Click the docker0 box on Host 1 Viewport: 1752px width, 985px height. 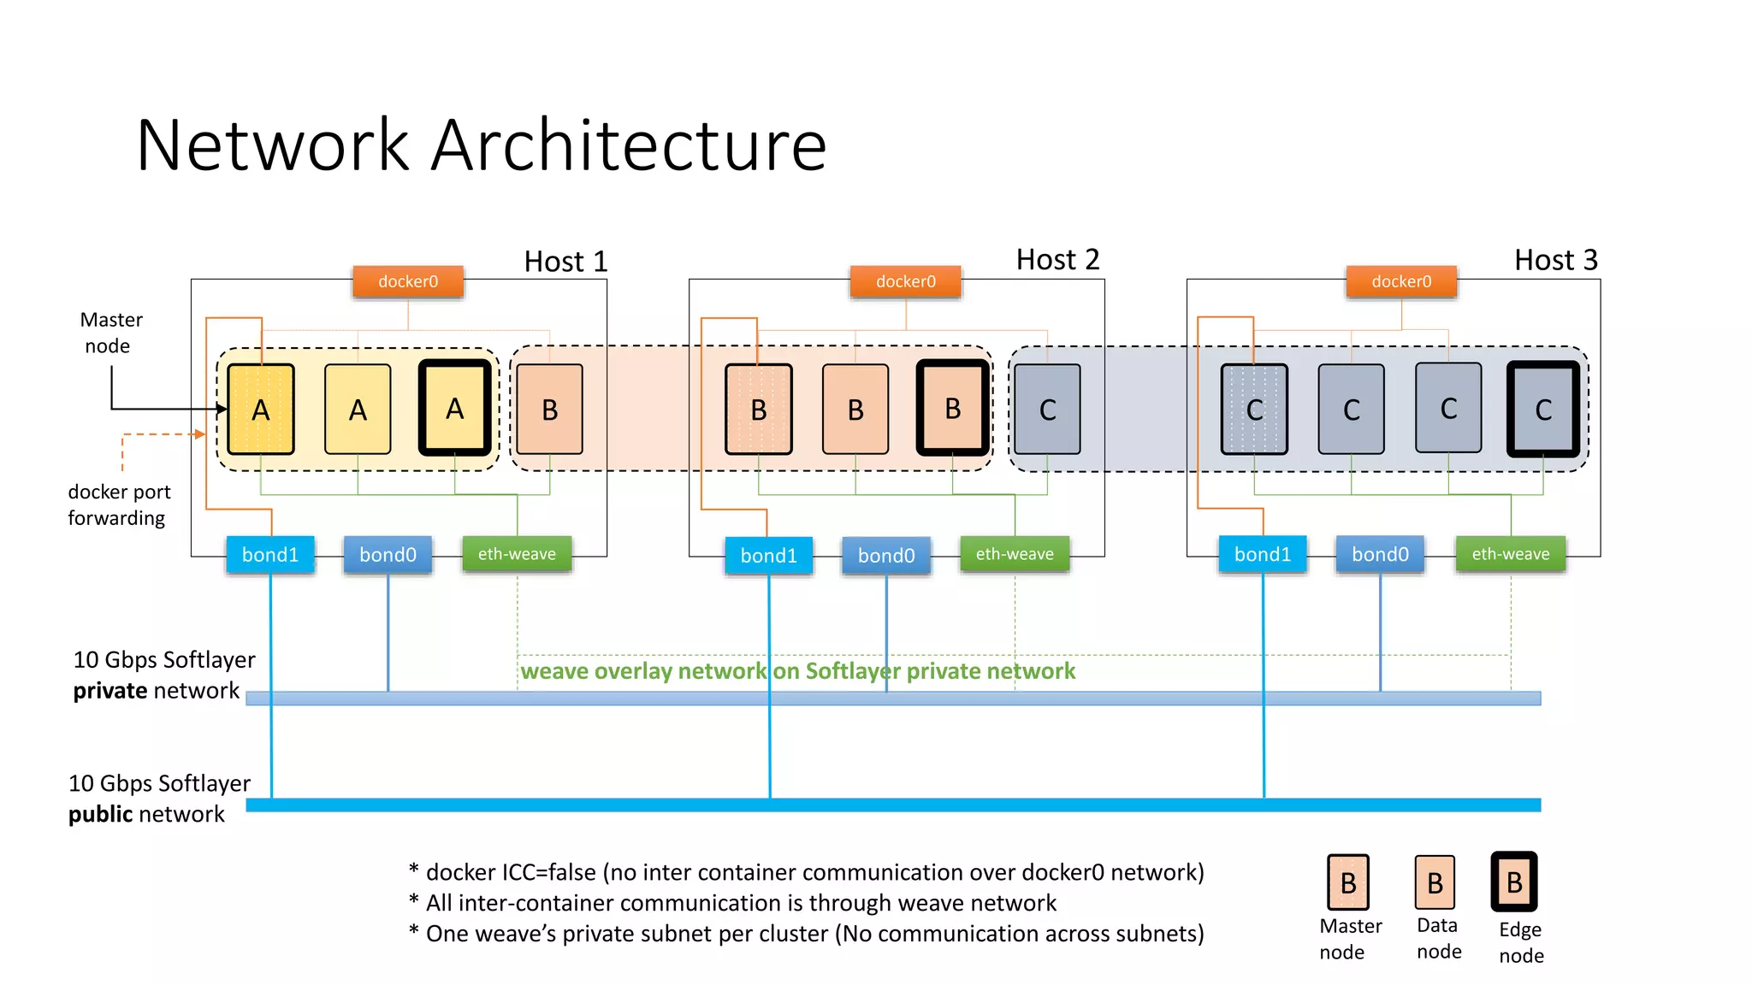click(408, 281)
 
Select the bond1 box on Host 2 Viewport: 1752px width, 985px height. click(768, 556)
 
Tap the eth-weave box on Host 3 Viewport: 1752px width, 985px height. click(1510, 554)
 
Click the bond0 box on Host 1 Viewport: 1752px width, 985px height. click(388, 555)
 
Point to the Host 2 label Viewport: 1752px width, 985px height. click(1057, 259)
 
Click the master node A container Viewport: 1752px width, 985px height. click(261, 410)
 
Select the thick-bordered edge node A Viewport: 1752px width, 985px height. click(455, 409)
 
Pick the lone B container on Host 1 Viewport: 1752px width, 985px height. click(550, 410)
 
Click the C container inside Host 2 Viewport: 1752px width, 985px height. click(1047, 410)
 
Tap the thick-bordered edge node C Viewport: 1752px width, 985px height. click(1543, 410)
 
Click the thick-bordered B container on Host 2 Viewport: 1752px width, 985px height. click(952, 409)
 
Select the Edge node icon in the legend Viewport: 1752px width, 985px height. click(1514, 882)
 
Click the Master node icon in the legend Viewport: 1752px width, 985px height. click(1348, 882)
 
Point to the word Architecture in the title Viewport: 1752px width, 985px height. click(629, 145)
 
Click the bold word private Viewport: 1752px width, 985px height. click(109, 691)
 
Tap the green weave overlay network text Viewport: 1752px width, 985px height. click(797, 671)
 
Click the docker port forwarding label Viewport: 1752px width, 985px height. click(118, 504)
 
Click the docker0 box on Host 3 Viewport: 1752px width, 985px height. click(1401, 281)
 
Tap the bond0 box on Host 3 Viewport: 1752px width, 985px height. click(1380, 555)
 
